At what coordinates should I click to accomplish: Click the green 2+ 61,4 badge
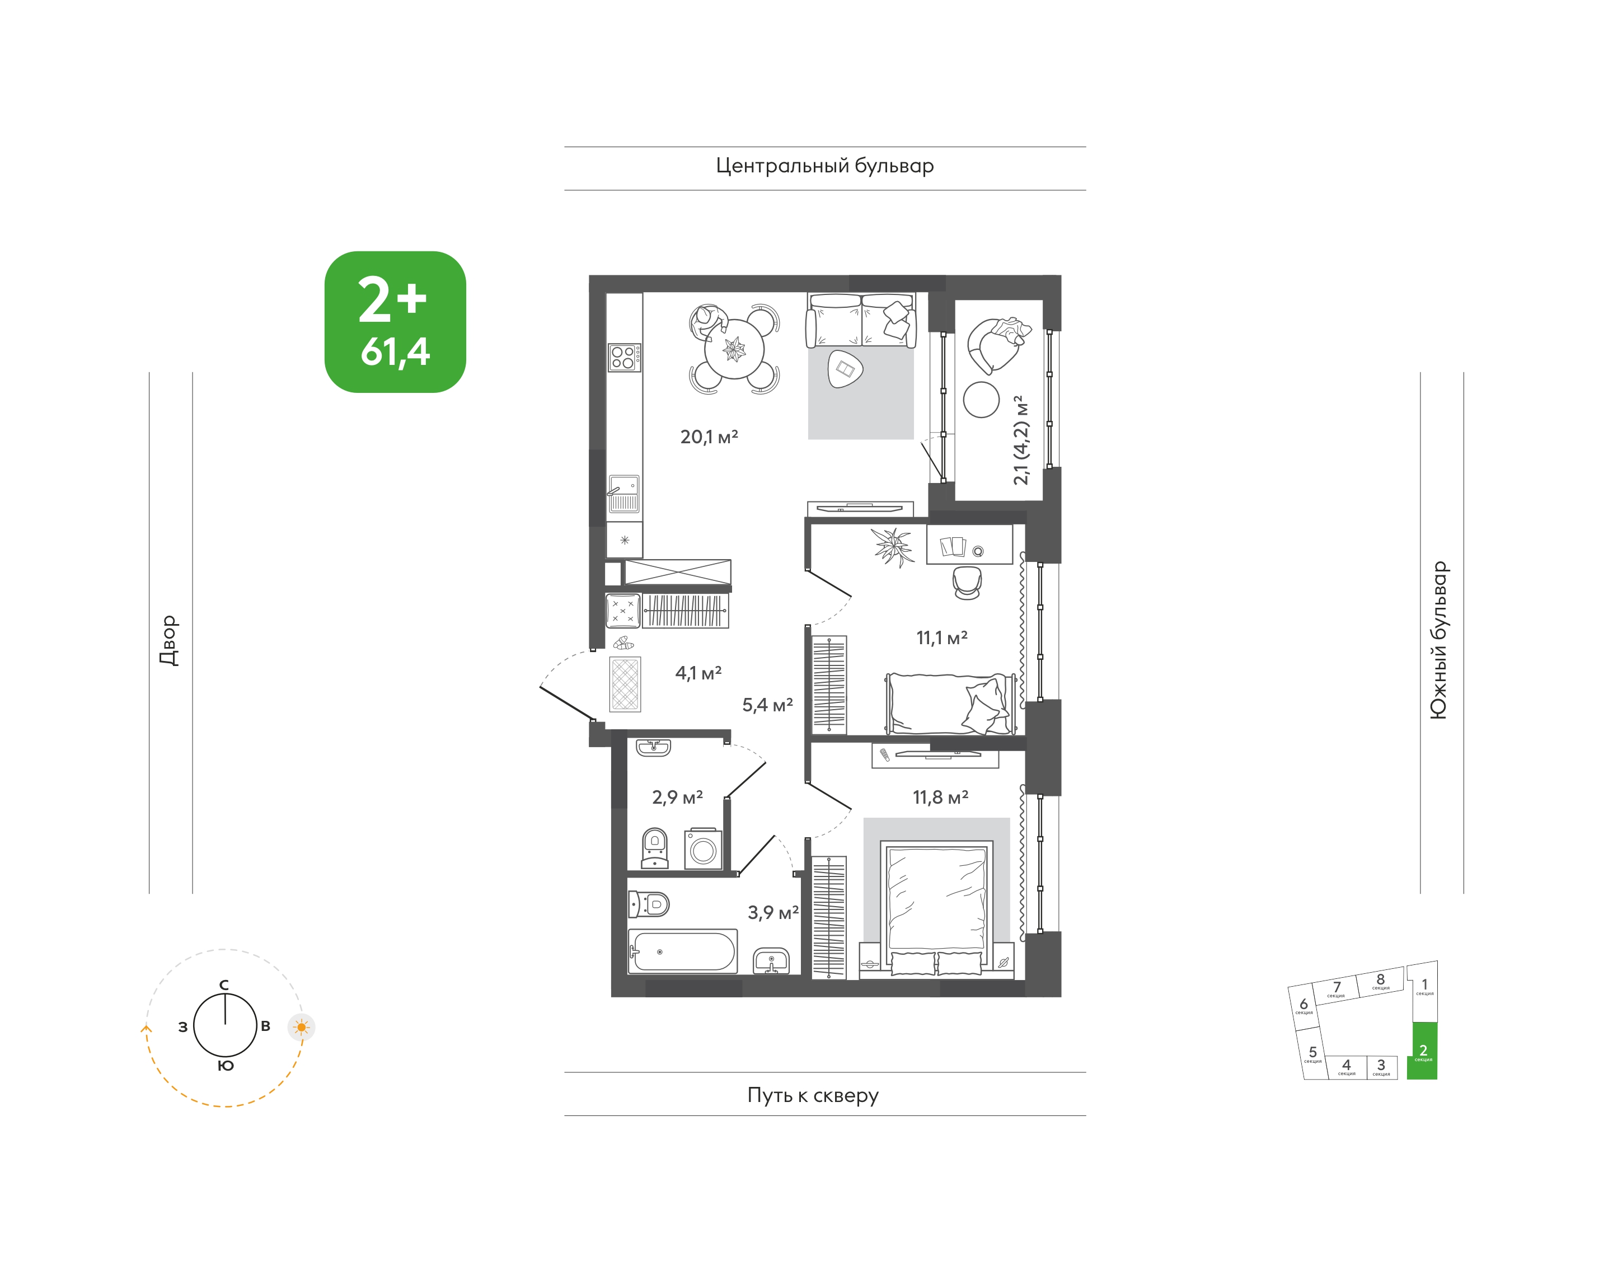395,322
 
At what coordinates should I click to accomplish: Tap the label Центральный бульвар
824,166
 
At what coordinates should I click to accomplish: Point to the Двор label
169,640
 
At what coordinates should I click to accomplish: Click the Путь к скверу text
813,1095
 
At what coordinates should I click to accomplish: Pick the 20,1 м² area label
709,437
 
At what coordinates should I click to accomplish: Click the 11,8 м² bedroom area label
940,797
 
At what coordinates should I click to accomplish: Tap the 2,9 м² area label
677,797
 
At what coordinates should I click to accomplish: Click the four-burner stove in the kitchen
624,357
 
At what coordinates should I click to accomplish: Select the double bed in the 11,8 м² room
937,907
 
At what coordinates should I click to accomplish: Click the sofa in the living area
861,320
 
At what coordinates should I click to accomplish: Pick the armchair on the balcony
996,345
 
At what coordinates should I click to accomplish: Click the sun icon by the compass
301,1028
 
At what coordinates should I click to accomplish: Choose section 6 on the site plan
1304,1006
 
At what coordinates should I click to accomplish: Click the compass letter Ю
226,1066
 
